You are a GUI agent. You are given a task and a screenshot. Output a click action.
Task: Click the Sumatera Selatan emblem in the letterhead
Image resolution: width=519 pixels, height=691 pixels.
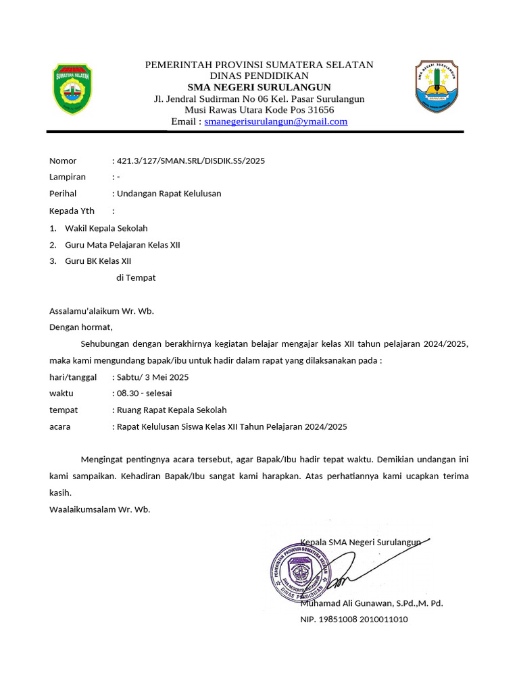pos(72,89)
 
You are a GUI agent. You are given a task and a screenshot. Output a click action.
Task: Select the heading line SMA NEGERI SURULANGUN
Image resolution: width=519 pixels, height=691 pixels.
pos(259,87)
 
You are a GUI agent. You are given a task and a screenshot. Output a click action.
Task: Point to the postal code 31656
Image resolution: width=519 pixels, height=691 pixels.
pos(320,110)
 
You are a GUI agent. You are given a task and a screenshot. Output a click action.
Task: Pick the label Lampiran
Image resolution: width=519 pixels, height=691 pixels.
pos(68,177)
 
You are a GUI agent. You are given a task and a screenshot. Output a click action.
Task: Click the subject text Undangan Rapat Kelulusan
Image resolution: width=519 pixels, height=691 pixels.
pos(169,194)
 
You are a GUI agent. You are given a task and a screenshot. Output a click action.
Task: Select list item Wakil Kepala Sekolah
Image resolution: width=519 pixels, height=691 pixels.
pos(106,228)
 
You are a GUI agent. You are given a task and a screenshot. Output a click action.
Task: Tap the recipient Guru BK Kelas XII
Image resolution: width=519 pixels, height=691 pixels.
pos(98,261)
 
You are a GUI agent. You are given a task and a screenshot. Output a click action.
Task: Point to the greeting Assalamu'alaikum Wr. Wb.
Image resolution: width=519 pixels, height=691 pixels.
pos(102,311)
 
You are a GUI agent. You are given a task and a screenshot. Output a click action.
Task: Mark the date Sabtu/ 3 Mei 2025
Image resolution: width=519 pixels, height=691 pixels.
pos(153,377)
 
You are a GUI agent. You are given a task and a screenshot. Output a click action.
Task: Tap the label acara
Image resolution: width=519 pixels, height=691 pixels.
pos(60,426)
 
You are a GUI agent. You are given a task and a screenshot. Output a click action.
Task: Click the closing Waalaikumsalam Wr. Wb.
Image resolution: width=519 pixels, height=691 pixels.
pos(100,509)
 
